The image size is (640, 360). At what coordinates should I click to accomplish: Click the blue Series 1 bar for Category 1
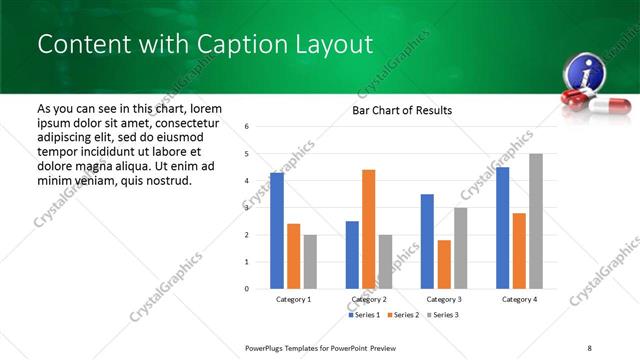point(277,231)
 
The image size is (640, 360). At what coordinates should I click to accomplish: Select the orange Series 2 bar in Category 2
point(368,229)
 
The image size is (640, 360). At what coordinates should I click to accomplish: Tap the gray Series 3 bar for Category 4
point(536,221)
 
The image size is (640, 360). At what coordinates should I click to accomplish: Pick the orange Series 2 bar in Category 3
point(444,264)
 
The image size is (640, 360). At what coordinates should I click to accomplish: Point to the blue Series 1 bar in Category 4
point(502,228)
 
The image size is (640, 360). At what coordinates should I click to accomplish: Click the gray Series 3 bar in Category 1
point(310,262)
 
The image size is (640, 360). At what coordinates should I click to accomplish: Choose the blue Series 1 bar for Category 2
point(352,255)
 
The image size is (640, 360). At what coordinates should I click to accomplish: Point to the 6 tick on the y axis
point(247,127)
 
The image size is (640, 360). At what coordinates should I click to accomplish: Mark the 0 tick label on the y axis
point(247,289)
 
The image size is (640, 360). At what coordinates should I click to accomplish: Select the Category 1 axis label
point(293,299)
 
